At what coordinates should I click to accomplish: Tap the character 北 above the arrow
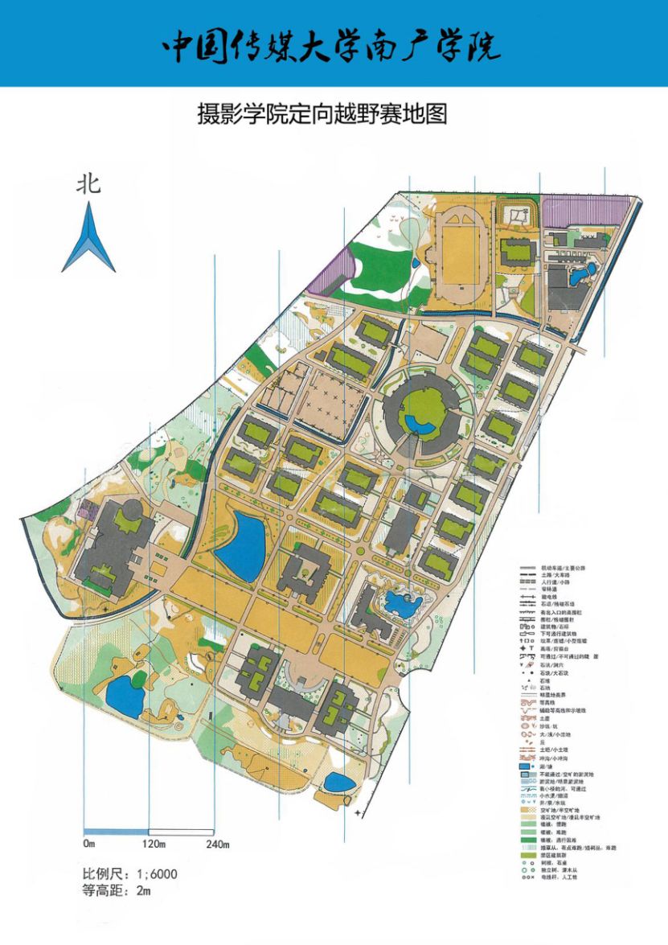88,185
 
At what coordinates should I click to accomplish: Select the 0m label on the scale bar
88,844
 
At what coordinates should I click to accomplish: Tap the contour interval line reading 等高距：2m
117,890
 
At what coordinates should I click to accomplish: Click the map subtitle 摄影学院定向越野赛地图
322,113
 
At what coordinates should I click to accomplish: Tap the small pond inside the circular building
416,423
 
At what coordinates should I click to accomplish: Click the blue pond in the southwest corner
125,695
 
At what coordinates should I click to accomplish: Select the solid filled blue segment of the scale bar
117,830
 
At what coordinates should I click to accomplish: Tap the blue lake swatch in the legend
527,766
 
